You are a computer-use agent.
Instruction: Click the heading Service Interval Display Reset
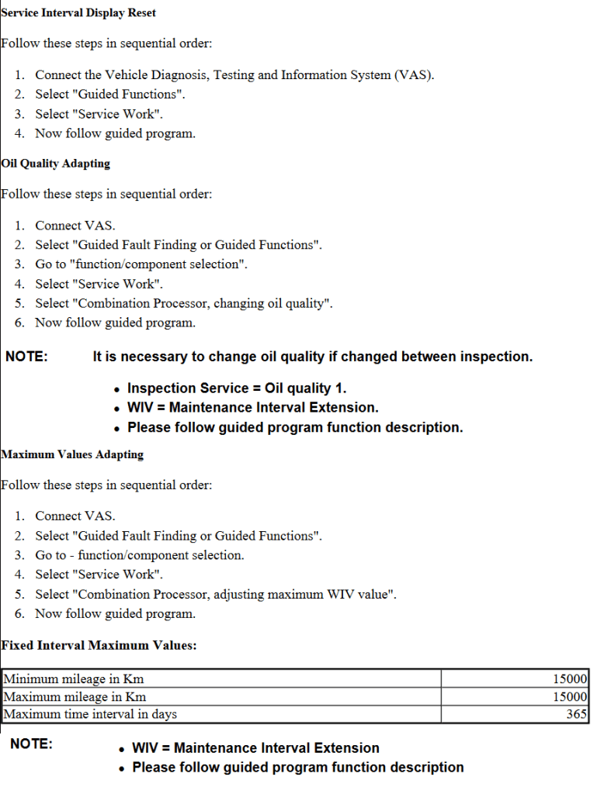(78, 12)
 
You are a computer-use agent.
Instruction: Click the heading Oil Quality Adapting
(56, 164)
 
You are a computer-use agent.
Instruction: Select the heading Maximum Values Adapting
(72, 454)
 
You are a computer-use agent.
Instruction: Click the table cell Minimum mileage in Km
(74, 679)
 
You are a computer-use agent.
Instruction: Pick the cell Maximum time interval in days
(90, 714)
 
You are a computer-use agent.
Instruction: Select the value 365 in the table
(576, 714)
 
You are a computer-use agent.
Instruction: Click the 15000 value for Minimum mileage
(570, 679)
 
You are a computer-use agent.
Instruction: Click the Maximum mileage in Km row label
(75, 696)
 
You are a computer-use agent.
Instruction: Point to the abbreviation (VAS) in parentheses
(413, 75)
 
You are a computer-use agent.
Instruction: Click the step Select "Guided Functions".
(110, 95)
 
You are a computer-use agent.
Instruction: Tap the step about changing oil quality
(184, 303)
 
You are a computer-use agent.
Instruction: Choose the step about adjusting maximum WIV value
(217, 594)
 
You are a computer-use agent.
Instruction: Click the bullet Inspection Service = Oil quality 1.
(237, 388)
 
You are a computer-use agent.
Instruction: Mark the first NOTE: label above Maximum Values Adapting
(26, 357)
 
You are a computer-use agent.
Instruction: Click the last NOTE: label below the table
(31, 744)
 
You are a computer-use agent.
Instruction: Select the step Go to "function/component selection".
(141, 264)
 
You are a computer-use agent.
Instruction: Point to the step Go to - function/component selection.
(140, 555)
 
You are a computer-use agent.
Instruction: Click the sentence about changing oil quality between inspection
(312, 357)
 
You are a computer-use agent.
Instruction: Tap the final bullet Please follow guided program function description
(298, 767)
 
